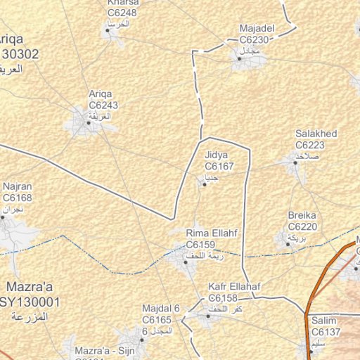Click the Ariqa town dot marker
pyautogui.click(x=89, y=122)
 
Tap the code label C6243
pyautogui.click(x=103, y=105)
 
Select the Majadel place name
pyautogui.click(x=256, y=29)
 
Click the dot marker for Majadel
pyautogui.click(x=239, y=59)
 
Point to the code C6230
pyautogui.click(x=256, y=40)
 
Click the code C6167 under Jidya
pyautogui.click(x=218, y=166)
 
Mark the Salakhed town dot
pyautogui.click(x=295, y=162)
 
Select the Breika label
pyautogui.click(x=302, y=215)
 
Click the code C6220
pyautogui.click(x=303, y=226)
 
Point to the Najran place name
pyautogui.click(x=18, y=188)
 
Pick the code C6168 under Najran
pyautogui.click(x=18, y=199)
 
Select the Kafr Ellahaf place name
pyautogui.click(x=235, y=287)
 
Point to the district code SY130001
pyautogui.click(x=30, y=302)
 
